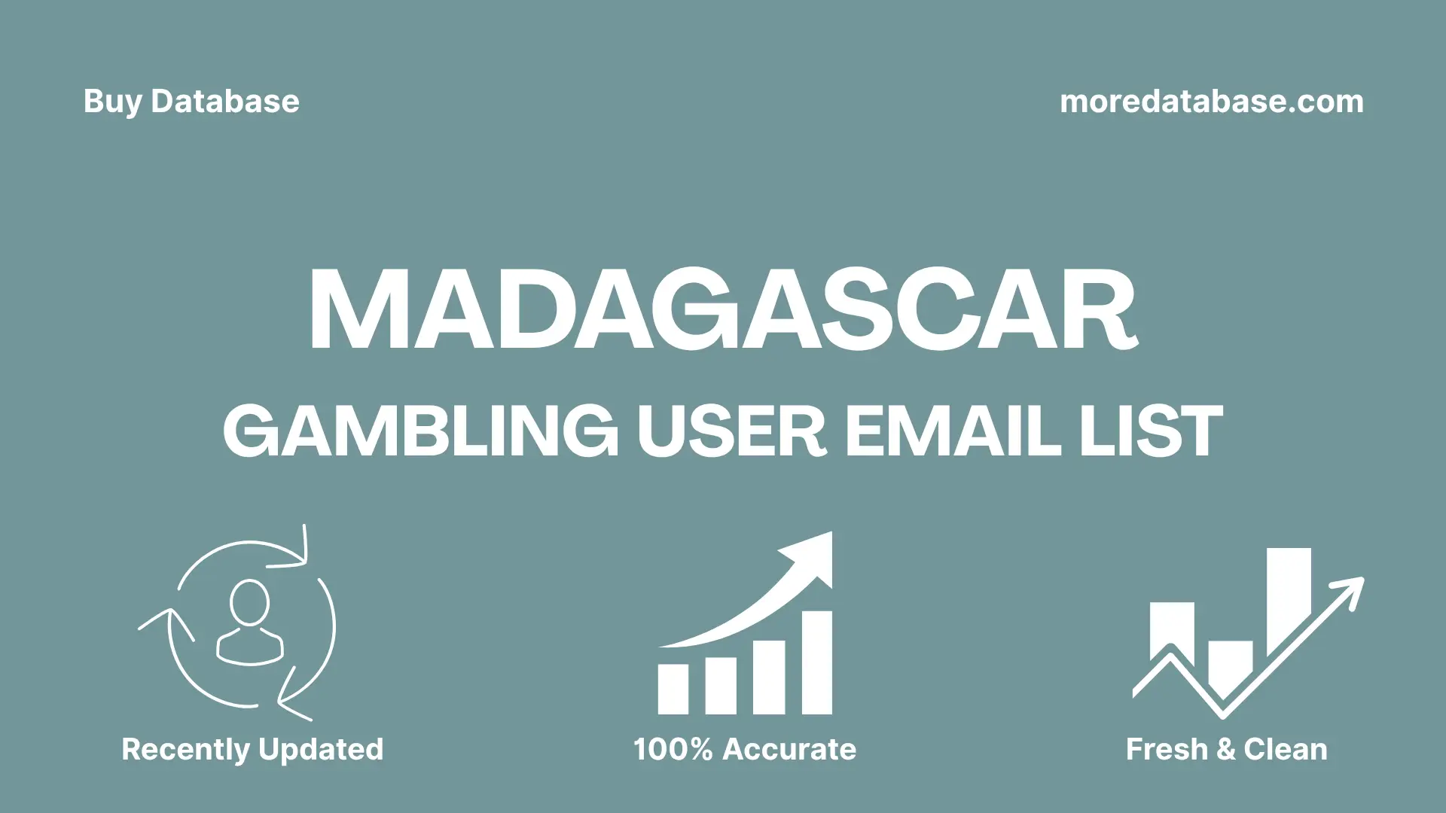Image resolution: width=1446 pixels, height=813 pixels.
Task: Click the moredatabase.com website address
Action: [x=1211, y=102]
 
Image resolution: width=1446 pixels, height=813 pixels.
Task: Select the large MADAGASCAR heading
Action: [x=723, y=310]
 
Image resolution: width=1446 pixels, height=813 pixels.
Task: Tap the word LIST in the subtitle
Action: [x=1151, y=431]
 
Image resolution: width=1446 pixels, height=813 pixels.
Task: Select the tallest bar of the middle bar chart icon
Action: [x=816, y=662]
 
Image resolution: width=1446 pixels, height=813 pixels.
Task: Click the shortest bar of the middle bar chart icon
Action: [x=673, y=689]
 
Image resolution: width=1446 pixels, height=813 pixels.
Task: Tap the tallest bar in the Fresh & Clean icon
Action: [x=1289, y=598]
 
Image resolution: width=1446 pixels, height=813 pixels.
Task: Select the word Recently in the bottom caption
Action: [x=185, y=750]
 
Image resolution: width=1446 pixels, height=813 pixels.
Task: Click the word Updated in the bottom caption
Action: [x=321, y=750]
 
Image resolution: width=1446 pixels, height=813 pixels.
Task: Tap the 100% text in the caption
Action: [x=673, y=750]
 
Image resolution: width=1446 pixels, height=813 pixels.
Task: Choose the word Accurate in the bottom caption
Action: [x=789, y=750]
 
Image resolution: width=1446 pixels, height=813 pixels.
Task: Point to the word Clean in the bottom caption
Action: [x=1286, y=750]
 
